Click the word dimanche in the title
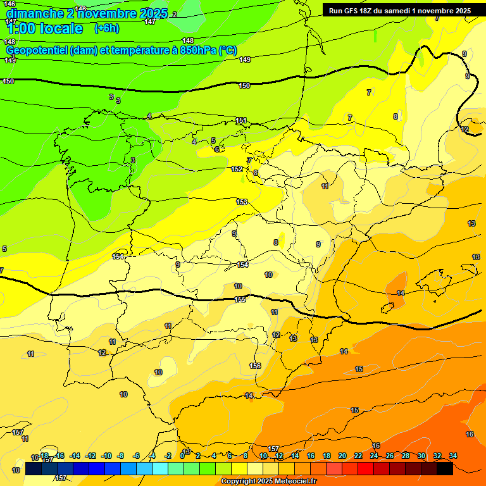(x=34, y=13)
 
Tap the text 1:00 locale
(x=44, y=28)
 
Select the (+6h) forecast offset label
(x=106, y=28)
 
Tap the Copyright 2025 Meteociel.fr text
(x=268, y=482)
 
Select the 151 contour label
(x=241, y=120)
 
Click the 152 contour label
(x=237, y=169)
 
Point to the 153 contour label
(x=242, y=202)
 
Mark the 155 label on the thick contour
(x=240, y=299)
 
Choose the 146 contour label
(x=9, y=4)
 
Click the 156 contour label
(x=255, y=366)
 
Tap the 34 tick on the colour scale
(x=452, y=456)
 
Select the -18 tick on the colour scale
(x=44, y=456)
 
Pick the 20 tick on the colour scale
(x=342, y=456)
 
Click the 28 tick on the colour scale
(x=406, y=456)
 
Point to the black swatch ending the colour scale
(x=444, y=468)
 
